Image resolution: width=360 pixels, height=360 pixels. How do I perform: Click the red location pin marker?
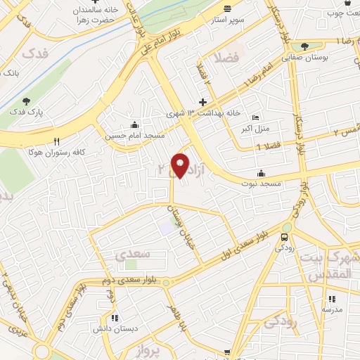click(x=181, y=165)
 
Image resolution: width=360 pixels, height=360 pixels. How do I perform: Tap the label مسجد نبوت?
click(x=262, y=183)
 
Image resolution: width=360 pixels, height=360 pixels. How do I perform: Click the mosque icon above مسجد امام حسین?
click(x=134, y=125)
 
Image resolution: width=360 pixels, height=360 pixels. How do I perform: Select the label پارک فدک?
click(x=26, y=112)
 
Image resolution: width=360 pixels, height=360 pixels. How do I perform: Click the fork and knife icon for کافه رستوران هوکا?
click(x=57, y=141)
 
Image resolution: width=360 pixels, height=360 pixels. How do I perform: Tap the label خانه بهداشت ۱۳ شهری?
click(x=203, y=112)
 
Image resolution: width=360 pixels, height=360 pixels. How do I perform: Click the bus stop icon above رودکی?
click(x=284, y=237)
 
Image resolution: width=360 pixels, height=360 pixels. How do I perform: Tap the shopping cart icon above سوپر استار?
click(x=227, y=8)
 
